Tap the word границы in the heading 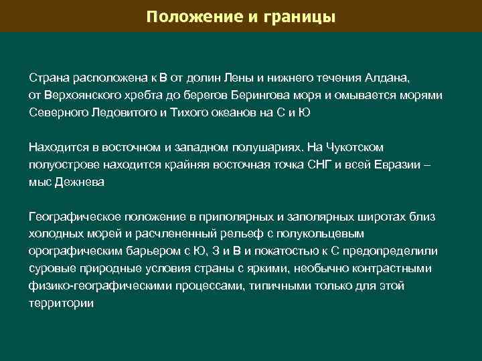coord(296,15)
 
